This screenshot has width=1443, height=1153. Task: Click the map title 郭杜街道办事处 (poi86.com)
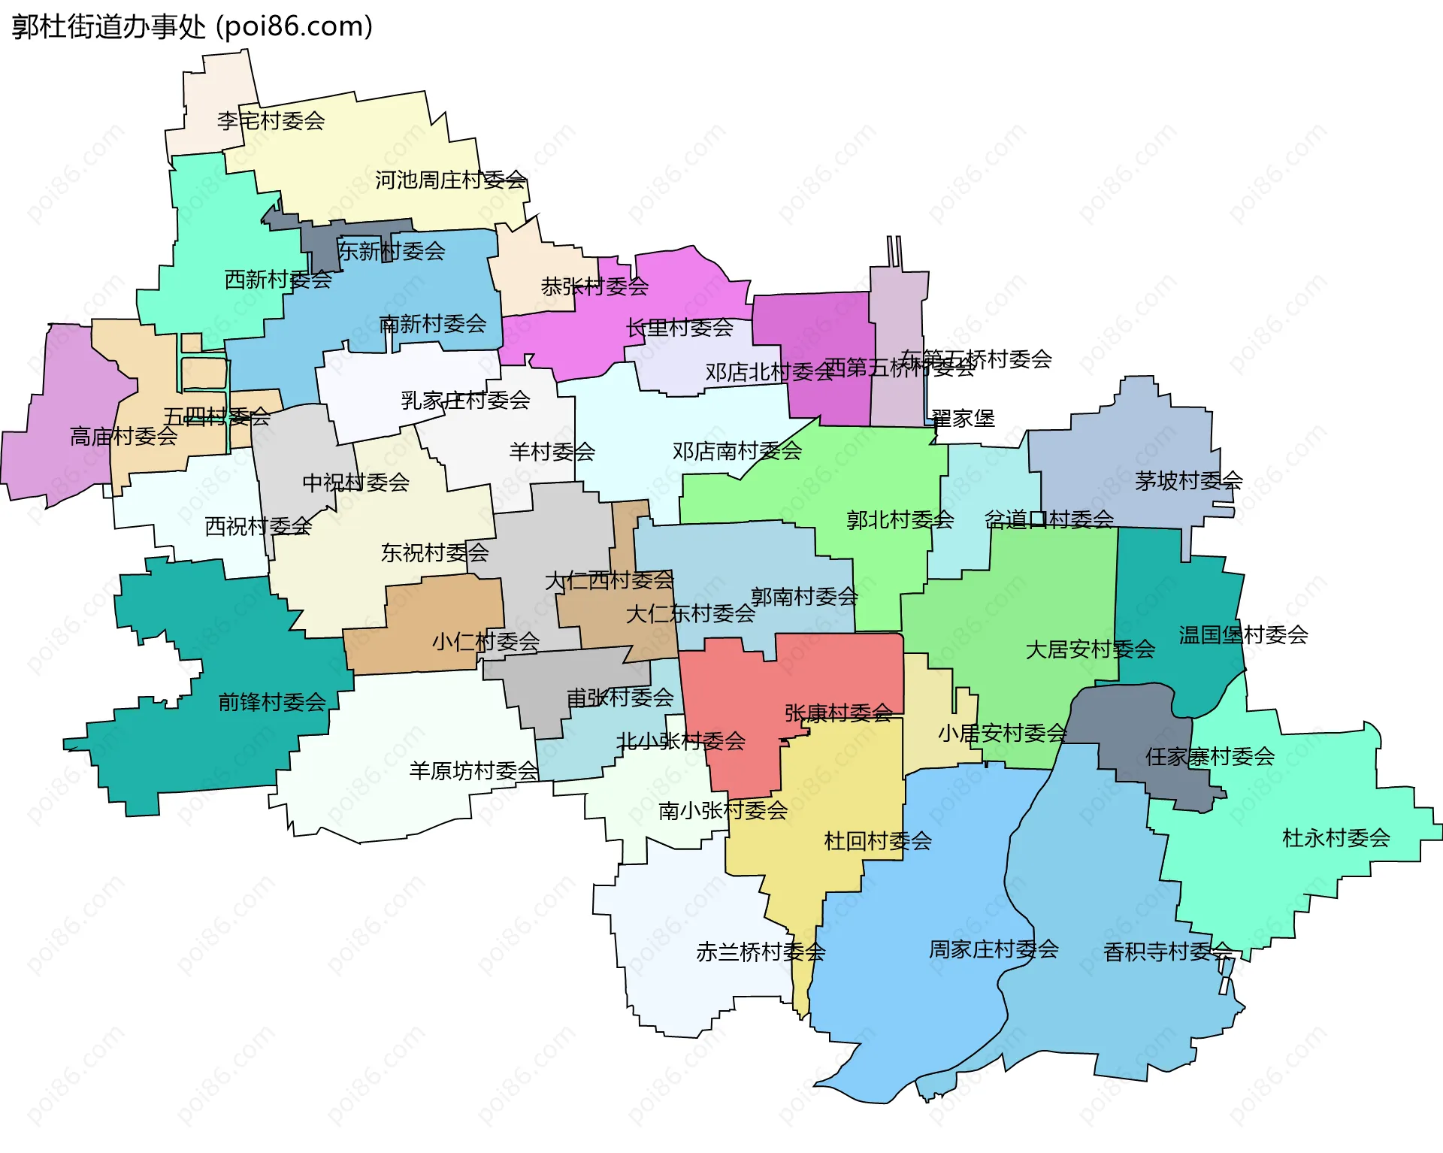tap(192, 27)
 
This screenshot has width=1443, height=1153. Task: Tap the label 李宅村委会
tap(271, 120)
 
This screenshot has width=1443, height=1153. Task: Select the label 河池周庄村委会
tap(450, 180)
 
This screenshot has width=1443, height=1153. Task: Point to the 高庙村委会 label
tap(123, 436)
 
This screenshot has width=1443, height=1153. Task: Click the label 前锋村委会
tap(271, 702)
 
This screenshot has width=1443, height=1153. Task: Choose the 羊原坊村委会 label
tap(473, 770)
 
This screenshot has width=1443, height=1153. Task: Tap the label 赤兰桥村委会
tap(761, 952)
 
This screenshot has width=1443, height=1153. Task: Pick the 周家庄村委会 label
tap(994, 949)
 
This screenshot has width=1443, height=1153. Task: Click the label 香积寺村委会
tap(1167, 952)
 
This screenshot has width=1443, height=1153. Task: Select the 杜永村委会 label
tap(1336, 837)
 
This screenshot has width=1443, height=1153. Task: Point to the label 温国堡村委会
tap(1243, 635)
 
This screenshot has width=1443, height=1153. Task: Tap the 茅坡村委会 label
tap(1188, 481)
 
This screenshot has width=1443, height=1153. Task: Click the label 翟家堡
tap(963, 419)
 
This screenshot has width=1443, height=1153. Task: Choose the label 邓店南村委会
tap(737, 451)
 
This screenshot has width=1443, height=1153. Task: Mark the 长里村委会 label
tap(679, 328)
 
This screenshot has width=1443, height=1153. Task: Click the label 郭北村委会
tap(900, 519)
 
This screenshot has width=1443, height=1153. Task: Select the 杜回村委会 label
tap(878, 840)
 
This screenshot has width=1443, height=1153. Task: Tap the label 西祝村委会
tap(258, 526)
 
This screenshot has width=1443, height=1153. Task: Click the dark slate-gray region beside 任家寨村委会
tap(1127, 722)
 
